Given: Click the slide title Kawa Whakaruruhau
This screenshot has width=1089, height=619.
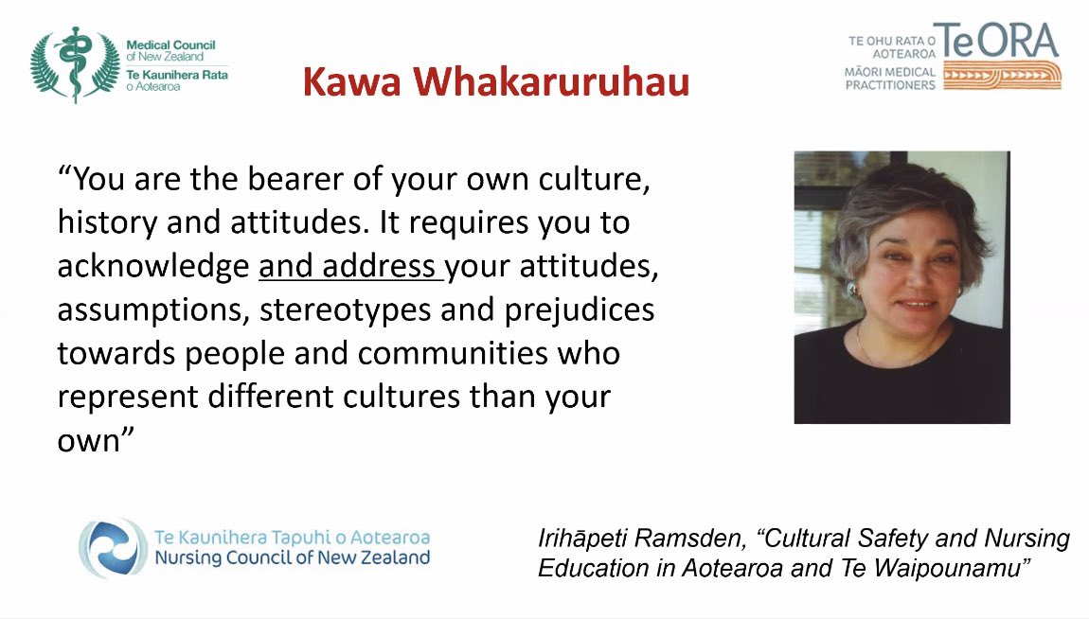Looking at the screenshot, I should coord(495,83).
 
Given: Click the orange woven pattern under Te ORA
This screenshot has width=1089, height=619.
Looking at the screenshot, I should coord(1002,77).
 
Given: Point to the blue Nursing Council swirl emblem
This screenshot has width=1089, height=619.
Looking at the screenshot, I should coord(113,548).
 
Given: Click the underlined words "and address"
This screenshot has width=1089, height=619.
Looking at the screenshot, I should coord(347,267).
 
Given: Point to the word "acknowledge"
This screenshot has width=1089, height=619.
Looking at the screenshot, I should coord(152,267).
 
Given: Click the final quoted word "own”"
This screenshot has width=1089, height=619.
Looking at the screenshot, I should coord(91,440).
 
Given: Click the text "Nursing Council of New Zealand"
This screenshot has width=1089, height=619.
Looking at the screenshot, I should coord(292,557).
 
